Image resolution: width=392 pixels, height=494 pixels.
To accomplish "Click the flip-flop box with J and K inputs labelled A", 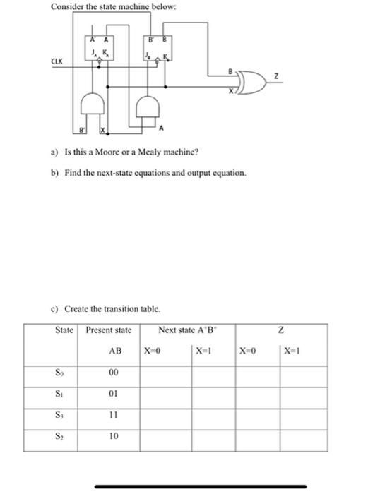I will (x=97, y=49).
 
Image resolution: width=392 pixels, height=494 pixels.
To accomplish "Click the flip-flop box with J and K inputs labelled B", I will (x=156, y=49).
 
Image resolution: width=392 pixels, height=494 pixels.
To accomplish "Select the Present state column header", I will (x=108, y=330).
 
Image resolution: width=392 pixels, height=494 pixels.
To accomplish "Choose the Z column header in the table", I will (x=281, y=330).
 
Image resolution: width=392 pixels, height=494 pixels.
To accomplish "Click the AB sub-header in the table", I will (x=115, y=351).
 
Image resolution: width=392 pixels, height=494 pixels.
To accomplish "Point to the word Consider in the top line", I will (x=67, y=7).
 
